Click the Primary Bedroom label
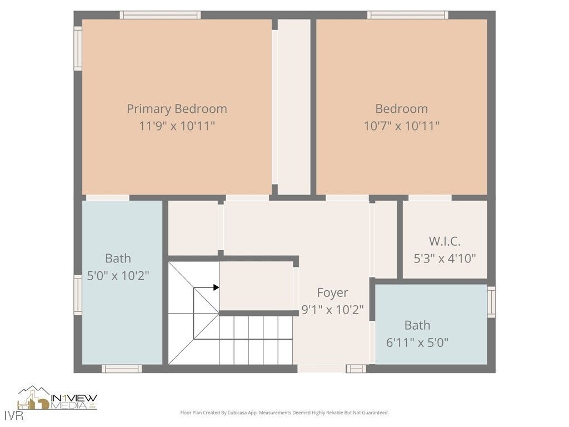click(x=177, y=109)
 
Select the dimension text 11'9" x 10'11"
click(x=177, y=126)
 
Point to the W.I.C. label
click(x=445, y=241)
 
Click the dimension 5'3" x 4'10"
click(x=445, y=258)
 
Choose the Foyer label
click(x=332, y=292)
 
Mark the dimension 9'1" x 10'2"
click(x=332, y=310)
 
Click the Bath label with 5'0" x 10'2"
click(x=118, y=258)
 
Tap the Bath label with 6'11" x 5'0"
click(x=417, y=325)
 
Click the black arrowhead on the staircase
click(x=216, y=287)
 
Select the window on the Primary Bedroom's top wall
click(x=160, y=15)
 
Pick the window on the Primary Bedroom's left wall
click(x=78, y=48)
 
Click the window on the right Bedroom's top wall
click(x=407, y=15)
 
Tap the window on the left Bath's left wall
click(x=78, y=295)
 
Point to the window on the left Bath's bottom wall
click(x=121, y=369)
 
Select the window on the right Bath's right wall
click(x=491, y=302)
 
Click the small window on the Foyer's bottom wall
click(x=356, y=369)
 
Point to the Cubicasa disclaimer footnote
click(x=284, y=413)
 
